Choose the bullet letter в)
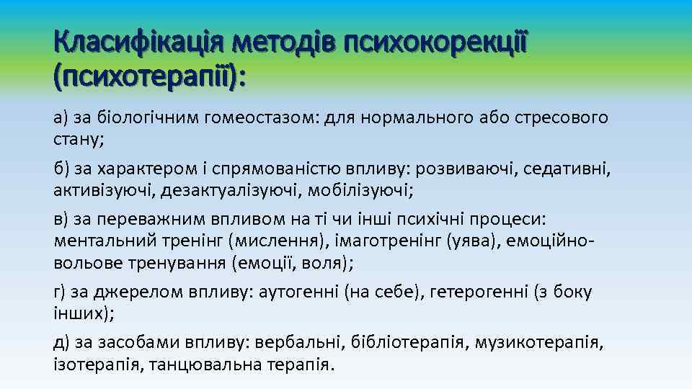point(61,219)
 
